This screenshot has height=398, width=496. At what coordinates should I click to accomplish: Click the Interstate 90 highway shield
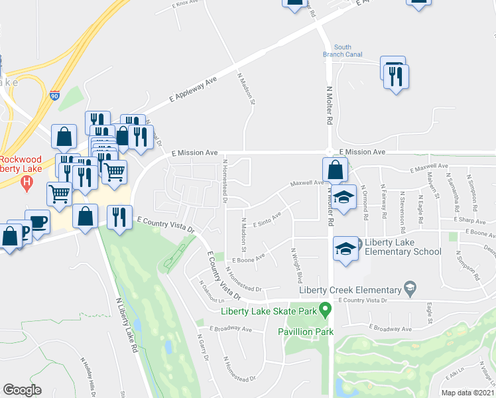tap(54, 96)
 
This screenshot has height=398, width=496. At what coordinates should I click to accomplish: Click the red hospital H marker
tap(27, 183)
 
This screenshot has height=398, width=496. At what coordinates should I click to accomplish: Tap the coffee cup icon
tap(37, 222)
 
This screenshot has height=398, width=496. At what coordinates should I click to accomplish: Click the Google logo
tap(22, 390)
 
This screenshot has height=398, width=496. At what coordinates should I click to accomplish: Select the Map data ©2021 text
tap(468, 393)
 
